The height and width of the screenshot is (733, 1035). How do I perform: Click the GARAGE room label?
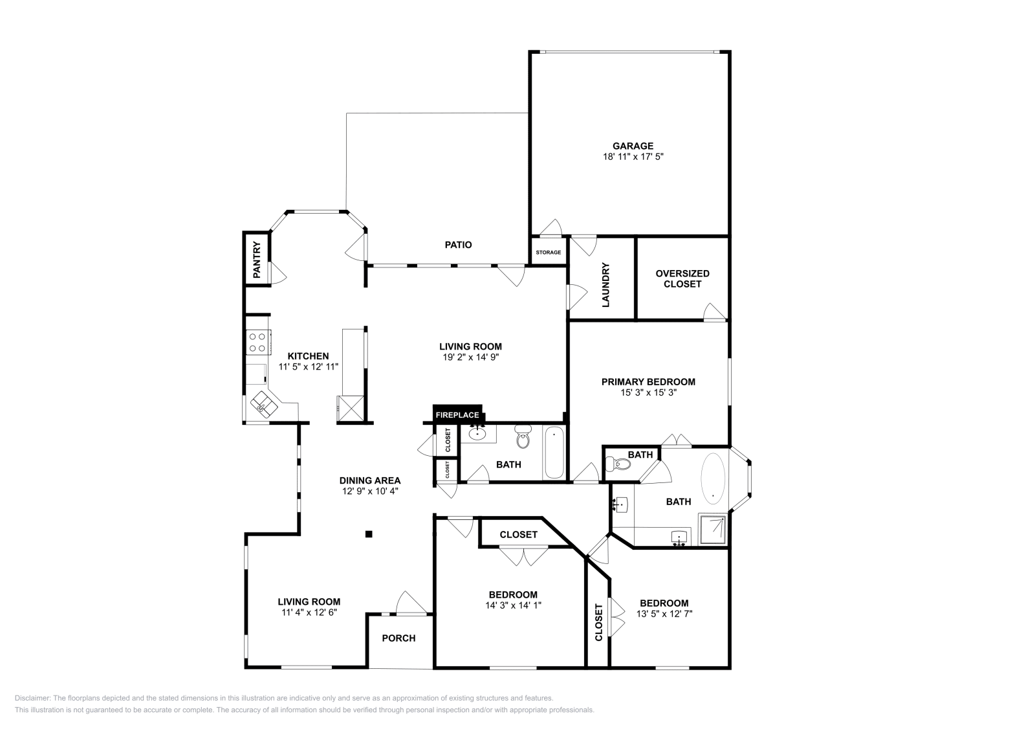(633, 146)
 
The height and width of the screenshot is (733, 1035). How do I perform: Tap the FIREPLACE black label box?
(457, 414)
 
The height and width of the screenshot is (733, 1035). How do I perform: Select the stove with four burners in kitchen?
(257, 342)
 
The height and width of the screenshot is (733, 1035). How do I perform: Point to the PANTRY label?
(257, 260)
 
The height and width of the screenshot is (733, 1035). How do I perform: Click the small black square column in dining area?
(369, 534)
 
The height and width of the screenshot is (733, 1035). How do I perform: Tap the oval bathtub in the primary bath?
(714, 479)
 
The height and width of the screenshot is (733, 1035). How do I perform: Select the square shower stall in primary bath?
(713, 530)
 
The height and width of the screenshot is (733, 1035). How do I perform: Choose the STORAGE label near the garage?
(548, 252)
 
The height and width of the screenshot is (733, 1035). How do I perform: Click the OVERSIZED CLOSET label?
(682, 278)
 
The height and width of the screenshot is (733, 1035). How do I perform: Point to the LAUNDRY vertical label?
(606, 284)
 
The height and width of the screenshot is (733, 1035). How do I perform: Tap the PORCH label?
(398, 638)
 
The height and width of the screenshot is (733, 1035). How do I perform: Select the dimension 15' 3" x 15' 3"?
(648, 392)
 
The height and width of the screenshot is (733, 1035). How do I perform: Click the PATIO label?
(458, 245)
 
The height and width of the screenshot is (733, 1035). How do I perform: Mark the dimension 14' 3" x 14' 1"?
(512, 605)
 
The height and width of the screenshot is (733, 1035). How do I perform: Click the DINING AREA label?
(370, 480)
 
